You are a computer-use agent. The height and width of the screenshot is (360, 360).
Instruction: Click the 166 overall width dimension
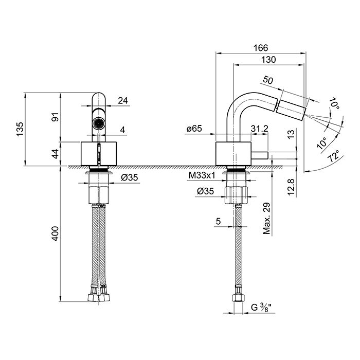261,48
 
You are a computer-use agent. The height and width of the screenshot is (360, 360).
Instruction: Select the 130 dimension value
268,60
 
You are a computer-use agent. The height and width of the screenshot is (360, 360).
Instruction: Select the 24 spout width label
123,101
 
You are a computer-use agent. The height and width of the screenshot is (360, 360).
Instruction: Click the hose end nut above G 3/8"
239,299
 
